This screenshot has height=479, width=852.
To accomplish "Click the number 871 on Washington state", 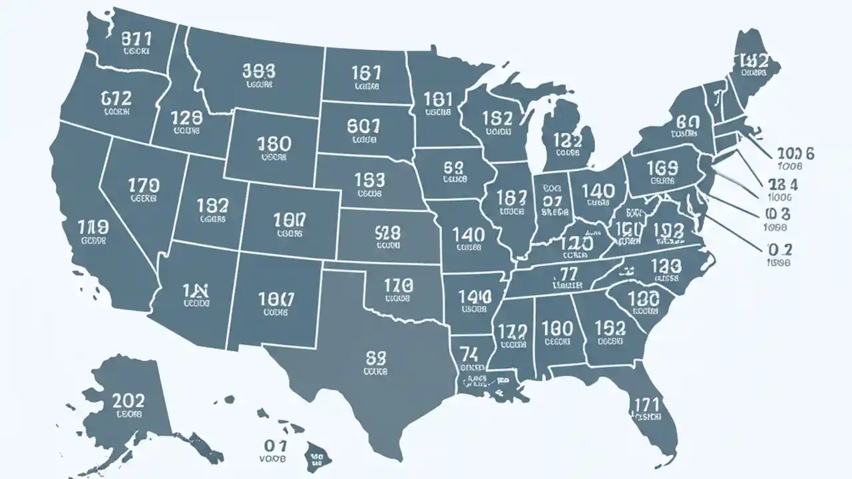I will click(x=137, y=39).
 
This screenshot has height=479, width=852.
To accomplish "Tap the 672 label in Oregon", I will click(x=116, y=99).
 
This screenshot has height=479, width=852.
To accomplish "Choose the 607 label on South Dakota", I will click(x=363, y=125).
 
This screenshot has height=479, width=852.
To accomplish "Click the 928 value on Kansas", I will click(x=379, y=234).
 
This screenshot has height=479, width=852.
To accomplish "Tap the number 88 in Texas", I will click(x=377, y=359).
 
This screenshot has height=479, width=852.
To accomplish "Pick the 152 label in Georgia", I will click(x=610, y=327).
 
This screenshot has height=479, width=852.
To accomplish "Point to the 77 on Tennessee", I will click(x=568, y=273).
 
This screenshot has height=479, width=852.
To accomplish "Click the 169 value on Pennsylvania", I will click(x=662, y=167).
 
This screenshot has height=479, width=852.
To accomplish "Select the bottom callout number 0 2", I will click(x=779, y=250).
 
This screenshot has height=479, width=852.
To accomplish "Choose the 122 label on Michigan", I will click(x=567, y=141).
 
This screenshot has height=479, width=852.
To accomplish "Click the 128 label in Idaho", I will click(x=186, y=119).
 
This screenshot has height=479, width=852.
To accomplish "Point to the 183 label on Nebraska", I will click(x=369, y=180).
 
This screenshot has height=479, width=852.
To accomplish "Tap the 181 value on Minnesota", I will click(x=438, y=100).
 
